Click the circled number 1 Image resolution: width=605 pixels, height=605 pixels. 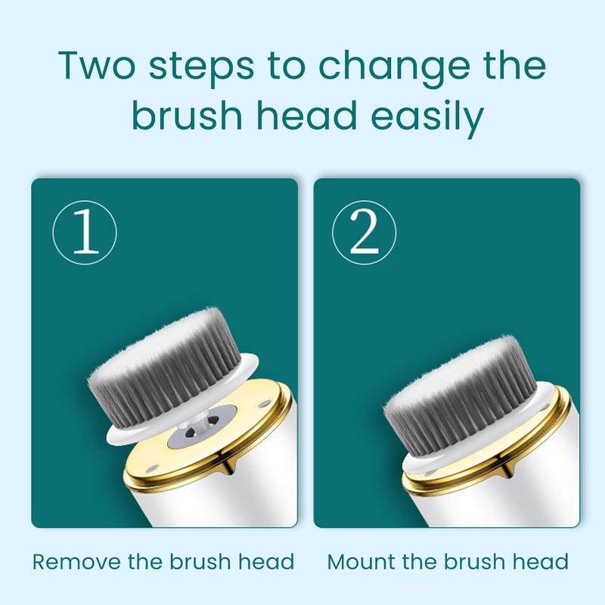pyautogui.click(x=85, y=232)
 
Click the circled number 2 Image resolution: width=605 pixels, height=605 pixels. pyautogui.click(x=364, y=232)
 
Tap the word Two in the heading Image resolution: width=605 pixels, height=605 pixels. pyautogui.click(x=97, y=65)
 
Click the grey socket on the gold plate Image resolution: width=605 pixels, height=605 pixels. pyautogui.click(x=202, y=427)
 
